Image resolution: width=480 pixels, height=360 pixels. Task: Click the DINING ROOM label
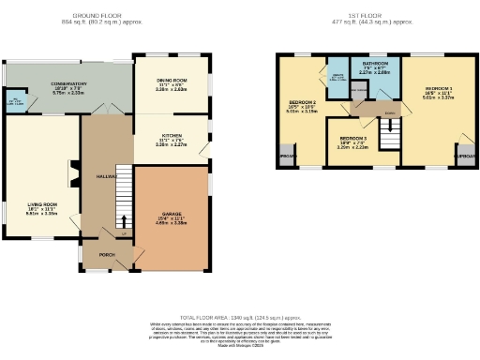click(x=172, y=82)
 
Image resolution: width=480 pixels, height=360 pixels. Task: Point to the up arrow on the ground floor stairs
click(x=120, y=221)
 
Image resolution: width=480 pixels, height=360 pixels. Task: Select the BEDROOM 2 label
click(x=302, y=103)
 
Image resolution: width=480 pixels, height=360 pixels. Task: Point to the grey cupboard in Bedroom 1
click(x=462, y=156)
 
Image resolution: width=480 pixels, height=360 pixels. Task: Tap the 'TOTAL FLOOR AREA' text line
click(x=239, y=318)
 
